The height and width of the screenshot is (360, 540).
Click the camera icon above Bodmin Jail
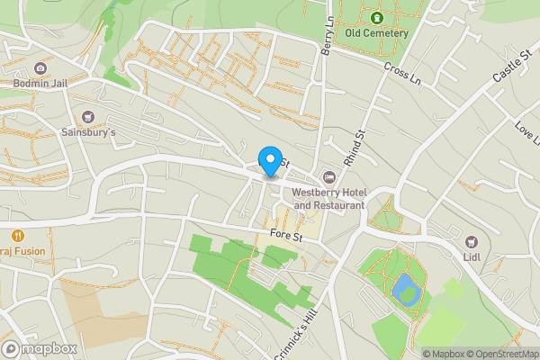pyautogui.click(x=40, y=68)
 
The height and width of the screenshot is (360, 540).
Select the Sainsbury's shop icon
pyautogui.click(x=88, y=116)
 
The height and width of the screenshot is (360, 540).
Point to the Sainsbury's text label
pyautogui.click(x=88, y=131)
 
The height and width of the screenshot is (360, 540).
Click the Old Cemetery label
pyautogui.click(x=377, y=33)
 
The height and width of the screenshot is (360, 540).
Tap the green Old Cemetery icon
pyautogui.click(x=376, y=17)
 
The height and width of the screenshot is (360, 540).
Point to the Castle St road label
pyautogui.click(x=509, y=68)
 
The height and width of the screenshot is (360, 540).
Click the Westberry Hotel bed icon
pyautogui.click(x=328, y=175)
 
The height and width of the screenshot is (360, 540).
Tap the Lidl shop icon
pyautogui.click(x=471, y=241)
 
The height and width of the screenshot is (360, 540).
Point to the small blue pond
pyautogui.click(x=405, y=290)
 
